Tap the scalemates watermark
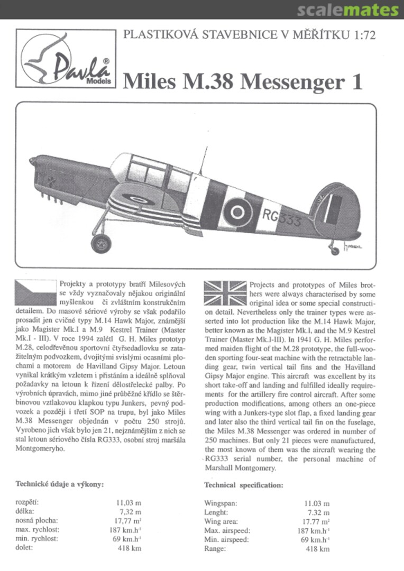(x=347, y=10)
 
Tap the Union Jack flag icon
(x=225, y=292)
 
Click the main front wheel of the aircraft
(x=101, y=243)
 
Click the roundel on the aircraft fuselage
(x=234, y=211)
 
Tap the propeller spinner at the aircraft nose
(x=33, y=160)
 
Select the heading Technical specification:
(x=243, y=485)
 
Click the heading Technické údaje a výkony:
(x=59, y=484)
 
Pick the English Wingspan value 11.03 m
(x=316, y=504)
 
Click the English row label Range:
(x=216, y=549)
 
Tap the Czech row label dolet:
(x=24, y=548)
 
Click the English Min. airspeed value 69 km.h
(x=315, y=540)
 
